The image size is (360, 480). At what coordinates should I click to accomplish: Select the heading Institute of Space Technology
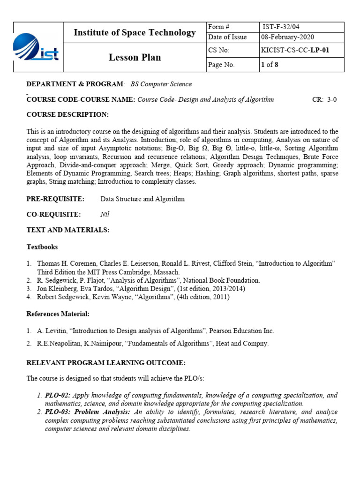[135, 32]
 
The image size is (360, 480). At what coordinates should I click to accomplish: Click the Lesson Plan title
[135, 58]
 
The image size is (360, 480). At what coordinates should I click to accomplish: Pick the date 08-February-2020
[288, 37]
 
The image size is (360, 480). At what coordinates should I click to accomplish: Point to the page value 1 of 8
[270, 65]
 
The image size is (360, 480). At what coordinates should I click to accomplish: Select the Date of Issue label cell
[225, 37]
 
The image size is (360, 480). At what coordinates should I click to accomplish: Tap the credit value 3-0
[332, 99]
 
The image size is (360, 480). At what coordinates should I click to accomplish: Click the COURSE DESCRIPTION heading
[67, 115]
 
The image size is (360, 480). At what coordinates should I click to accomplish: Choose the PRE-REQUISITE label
[55, 199]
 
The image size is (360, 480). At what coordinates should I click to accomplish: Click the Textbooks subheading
[42, 247]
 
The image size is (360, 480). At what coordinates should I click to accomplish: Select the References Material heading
[58, 313]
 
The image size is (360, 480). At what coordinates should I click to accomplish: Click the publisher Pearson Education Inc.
[241, 330]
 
